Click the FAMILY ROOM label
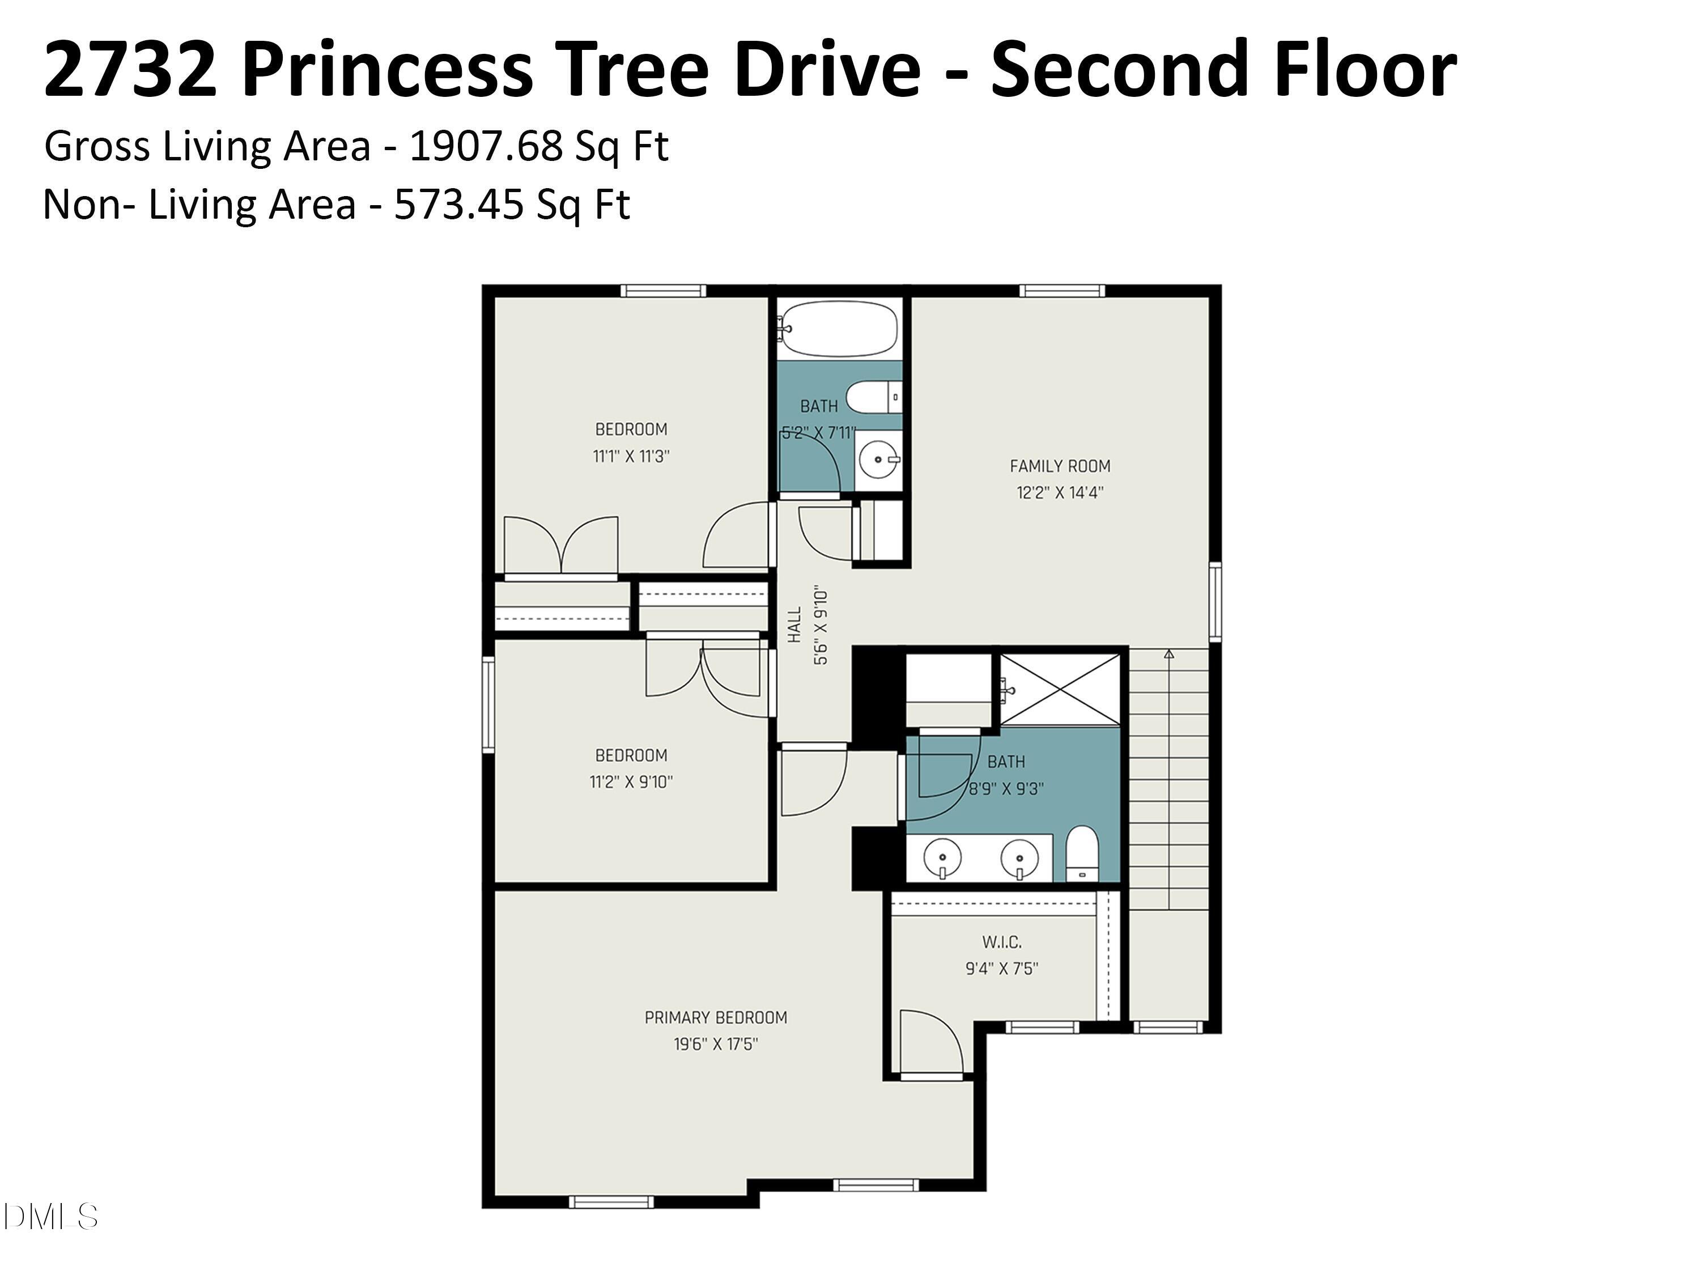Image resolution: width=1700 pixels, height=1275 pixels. coord(1059,466)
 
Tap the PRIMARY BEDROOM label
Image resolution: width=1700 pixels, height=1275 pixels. coord(716,1018)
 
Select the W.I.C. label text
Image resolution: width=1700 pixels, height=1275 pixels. coord(1001,941)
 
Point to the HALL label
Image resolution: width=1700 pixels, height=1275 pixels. coord(794,625)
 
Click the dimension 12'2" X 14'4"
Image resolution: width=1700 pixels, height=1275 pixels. coord(1060,492)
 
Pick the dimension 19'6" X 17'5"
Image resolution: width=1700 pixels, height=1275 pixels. coord(716,1044)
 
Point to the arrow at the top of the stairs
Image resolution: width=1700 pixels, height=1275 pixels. coord(1169,654)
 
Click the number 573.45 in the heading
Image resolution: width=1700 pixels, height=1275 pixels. coord(459,205)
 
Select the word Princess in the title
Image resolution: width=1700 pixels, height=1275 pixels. coord(388,71)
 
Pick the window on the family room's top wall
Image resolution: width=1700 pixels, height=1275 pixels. coord(1061,291)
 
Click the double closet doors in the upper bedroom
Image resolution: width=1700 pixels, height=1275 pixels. coord(561,546)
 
